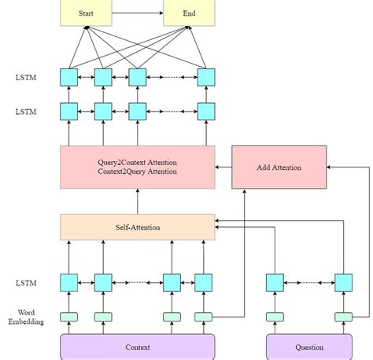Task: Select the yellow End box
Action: point(189,14)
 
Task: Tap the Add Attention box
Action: point(279,167)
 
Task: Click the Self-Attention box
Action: point(138,227)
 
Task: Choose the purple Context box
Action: point(138,346)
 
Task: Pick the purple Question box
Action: point(308,346)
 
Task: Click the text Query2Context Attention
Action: point(138,162)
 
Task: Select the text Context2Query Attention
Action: point(138,172)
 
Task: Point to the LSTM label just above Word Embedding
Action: point(26,282)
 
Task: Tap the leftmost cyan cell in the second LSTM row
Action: point(69,111)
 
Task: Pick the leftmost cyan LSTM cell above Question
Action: point(274,282)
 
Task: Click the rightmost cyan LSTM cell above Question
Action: point(343,282)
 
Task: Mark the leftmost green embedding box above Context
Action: point(69,317)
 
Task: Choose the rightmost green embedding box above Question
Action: point(343,317)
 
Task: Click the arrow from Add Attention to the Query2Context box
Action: point(223,167)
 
